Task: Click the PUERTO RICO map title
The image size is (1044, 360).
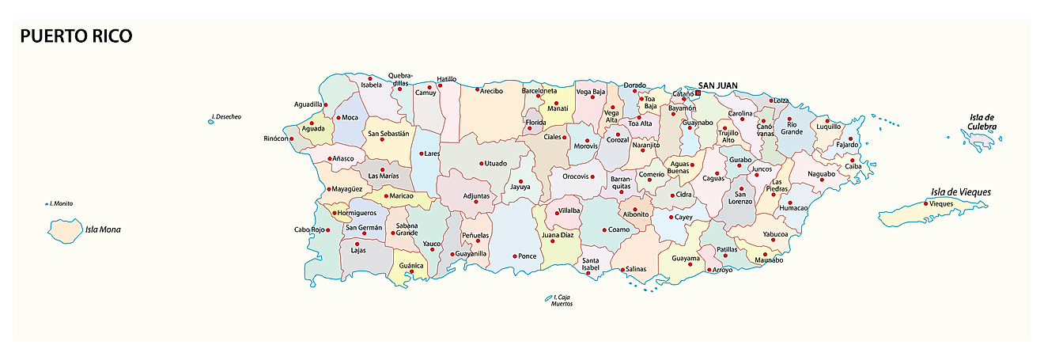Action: (76, 36)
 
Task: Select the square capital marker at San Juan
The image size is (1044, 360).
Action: (697, 93)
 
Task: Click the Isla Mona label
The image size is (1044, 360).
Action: (104, 230)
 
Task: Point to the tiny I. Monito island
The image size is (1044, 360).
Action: (47, 204)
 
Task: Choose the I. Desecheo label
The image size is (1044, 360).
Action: (228, 117)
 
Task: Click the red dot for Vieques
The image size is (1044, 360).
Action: (926, 203)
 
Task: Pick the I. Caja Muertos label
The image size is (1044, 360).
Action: (562, 300)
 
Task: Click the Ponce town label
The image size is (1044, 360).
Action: (527, 256)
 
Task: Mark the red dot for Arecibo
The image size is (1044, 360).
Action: (478, 89)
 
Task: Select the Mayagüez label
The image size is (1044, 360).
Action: (346, 189)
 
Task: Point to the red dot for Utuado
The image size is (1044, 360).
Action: (481, 164)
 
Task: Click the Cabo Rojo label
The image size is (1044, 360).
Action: (310, 230)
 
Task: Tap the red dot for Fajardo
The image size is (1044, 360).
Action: (851, 138)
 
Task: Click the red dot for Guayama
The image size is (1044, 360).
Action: (691, 265)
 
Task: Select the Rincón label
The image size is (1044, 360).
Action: (276, 139)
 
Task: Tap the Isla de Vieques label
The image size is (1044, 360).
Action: (960, 191)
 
